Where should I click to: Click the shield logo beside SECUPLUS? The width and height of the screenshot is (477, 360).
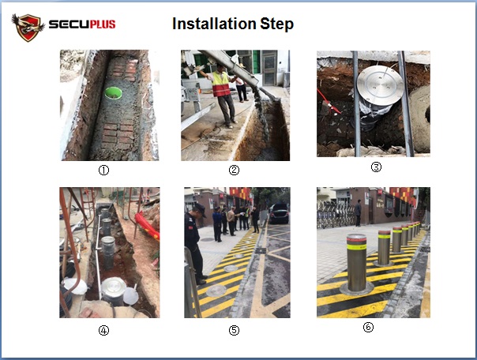(28, 28)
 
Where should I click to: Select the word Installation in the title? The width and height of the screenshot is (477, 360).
(214, 24)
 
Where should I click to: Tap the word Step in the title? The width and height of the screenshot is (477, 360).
(277, 24)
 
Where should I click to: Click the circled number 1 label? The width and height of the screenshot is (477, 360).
(103, 170)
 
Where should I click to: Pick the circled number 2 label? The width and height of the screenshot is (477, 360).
(234, 170)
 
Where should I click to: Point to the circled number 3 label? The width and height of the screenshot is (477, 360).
(376, 167)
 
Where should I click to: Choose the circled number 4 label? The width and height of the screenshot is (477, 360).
(103, 330)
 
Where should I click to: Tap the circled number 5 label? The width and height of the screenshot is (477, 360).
(234, 330)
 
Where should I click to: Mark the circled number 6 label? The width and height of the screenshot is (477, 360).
(368, 327)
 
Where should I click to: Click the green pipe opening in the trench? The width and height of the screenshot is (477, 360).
(114, 92)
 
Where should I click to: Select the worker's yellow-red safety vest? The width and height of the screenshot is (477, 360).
(221, 84)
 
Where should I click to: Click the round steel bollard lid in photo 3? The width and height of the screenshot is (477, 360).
(381, 85)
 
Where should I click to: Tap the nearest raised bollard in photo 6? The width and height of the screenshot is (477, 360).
(356, 264)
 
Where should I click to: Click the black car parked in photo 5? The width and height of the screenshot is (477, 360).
(279, 213)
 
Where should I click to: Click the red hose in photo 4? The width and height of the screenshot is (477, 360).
(147, 225)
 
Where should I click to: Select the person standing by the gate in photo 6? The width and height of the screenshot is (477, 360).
(358, 213)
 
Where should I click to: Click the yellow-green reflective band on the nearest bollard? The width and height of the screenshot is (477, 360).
(356, 246)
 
